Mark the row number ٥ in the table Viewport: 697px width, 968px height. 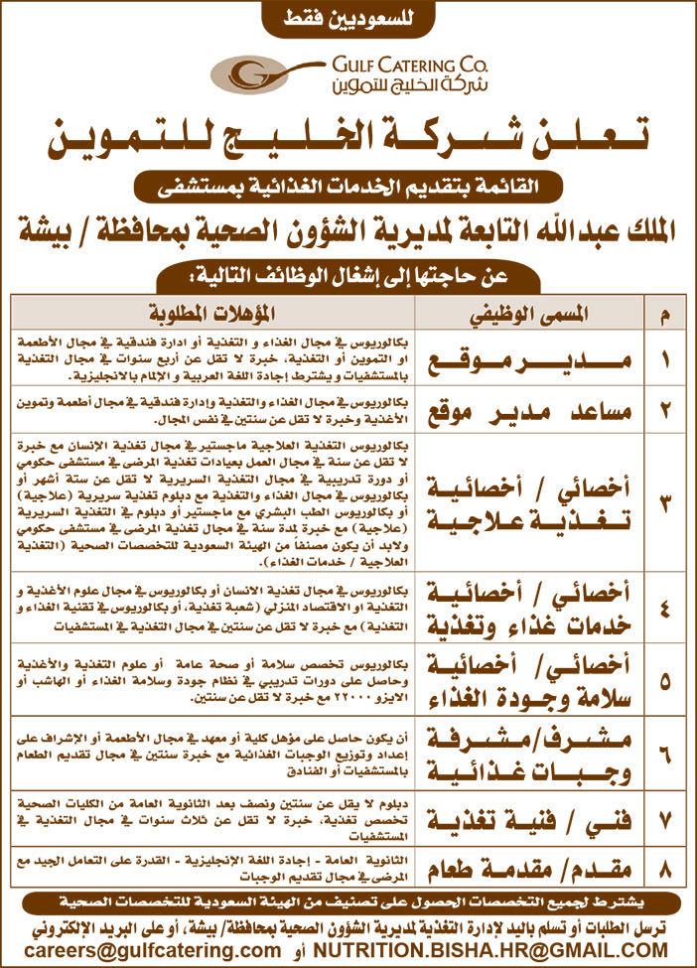[664, 681]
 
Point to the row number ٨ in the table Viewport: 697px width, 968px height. [664, 872]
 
